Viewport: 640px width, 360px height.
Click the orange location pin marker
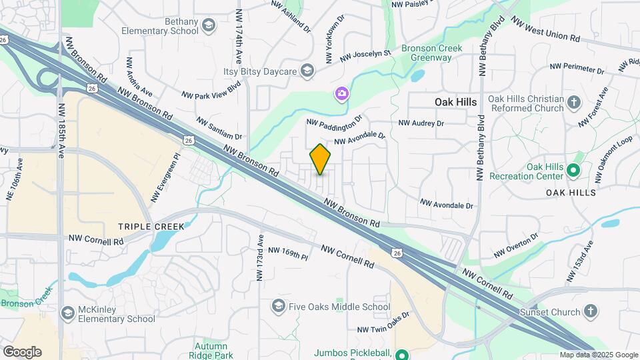(x=321, y=159)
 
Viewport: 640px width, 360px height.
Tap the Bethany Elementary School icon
(x=209, y=26)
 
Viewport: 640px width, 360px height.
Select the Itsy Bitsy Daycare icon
(x=307, y=70)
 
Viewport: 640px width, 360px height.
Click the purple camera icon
(x=342, y=93)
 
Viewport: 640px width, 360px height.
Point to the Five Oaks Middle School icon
(x=279, y=306)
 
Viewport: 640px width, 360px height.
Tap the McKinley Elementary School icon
(x=67, y=313)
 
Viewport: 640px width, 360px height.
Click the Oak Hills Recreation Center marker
(x=573, y=171)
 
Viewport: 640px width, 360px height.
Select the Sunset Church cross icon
(x=590, y=311)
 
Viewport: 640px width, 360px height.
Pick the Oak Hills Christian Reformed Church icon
(x=574, y=103)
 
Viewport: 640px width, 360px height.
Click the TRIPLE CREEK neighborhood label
(x=151, y=227)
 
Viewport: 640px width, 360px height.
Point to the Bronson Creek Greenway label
(x=427, y=53)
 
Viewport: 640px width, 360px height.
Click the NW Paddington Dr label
(x=334, y=121)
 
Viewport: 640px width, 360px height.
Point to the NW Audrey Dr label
(x=421, y=123)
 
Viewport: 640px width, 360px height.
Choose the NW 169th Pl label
(x=288, y=254)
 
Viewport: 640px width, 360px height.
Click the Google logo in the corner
(x=22, y=351)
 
